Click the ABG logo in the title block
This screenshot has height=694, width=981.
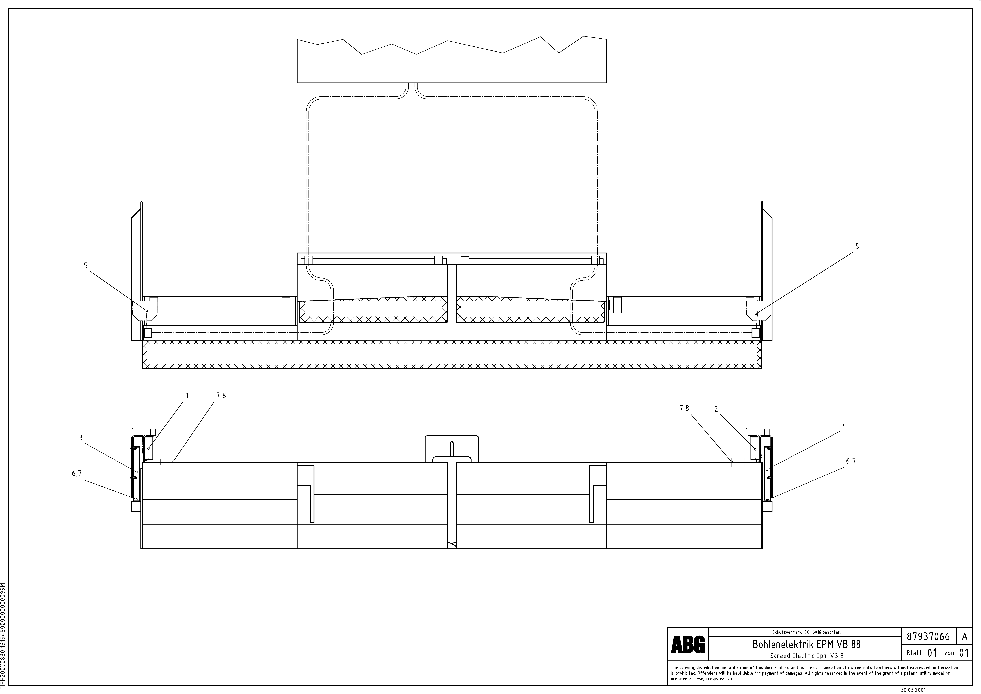pyautogui.click(x=687, y=644)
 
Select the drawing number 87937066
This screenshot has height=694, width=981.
pyautogui.click(x=928, y=637)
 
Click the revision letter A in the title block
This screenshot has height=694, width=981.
pyautogui.click(x=964, y=637)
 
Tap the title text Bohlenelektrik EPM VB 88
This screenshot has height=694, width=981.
pyautogui.click(x=806, y=644)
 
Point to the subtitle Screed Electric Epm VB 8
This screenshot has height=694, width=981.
pyautogui.click(x=806, y=656)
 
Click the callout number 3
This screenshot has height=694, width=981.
pyautogui.click(x=81, y=438)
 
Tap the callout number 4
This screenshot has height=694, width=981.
pyautogui.click(x=844, y=426)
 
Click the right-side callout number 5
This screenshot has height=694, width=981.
pyautogui.click(x=857, y=247)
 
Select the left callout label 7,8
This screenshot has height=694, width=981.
pyautogui.click(x=221, y=396)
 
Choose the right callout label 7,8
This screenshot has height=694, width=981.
pyautogui.click(x=684, y=409)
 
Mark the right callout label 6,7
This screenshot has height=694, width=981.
pyautogui.click(x=851, y=461)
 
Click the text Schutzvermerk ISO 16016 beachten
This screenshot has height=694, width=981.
pyautogui.click(x=806, y=632)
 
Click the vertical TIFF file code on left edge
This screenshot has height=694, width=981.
pyautogui.click(x=3, y=637)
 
